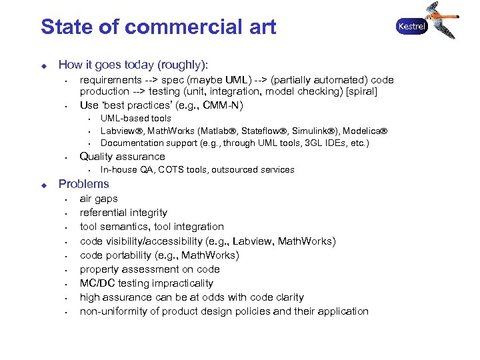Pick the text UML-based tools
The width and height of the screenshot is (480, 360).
136,118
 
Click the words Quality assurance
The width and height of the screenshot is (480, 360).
123,157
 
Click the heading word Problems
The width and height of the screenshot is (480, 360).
84,184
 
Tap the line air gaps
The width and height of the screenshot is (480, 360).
99,199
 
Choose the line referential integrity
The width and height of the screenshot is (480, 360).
123,213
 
